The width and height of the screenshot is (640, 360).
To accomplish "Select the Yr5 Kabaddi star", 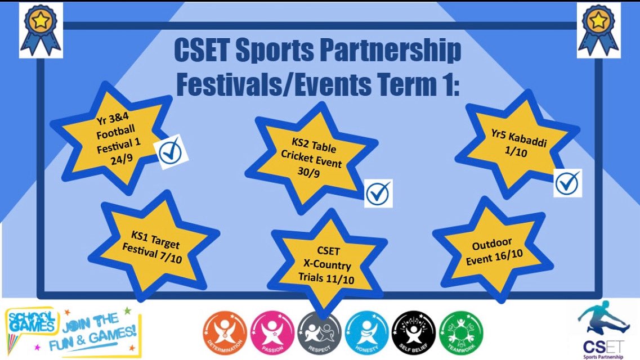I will (x=517, y=146).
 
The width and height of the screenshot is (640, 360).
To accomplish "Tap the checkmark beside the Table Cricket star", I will (x=378, y=194).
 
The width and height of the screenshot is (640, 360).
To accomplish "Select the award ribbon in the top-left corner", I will (x=41, y=29).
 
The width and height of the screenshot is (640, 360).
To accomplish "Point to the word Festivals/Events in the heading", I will (x=265, y=85).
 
